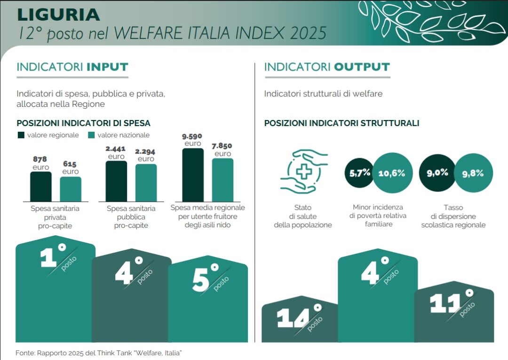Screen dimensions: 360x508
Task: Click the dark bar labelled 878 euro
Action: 41,186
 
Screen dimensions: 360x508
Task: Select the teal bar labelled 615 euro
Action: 71,189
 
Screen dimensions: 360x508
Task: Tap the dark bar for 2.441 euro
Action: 116,181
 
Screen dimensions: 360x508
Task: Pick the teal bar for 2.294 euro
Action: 146,183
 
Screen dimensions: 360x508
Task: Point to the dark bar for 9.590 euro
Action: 193,175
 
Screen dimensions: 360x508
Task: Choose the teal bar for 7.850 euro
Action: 222,180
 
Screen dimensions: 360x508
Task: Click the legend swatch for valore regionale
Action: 21,135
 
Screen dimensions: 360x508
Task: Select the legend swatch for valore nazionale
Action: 91,135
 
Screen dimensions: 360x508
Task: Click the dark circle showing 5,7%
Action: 360,173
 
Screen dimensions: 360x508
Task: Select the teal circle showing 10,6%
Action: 391,173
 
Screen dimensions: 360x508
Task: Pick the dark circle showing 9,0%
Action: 437,173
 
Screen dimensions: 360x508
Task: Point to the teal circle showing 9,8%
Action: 473,173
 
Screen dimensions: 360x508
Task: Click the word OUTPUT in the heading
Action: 362,67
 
